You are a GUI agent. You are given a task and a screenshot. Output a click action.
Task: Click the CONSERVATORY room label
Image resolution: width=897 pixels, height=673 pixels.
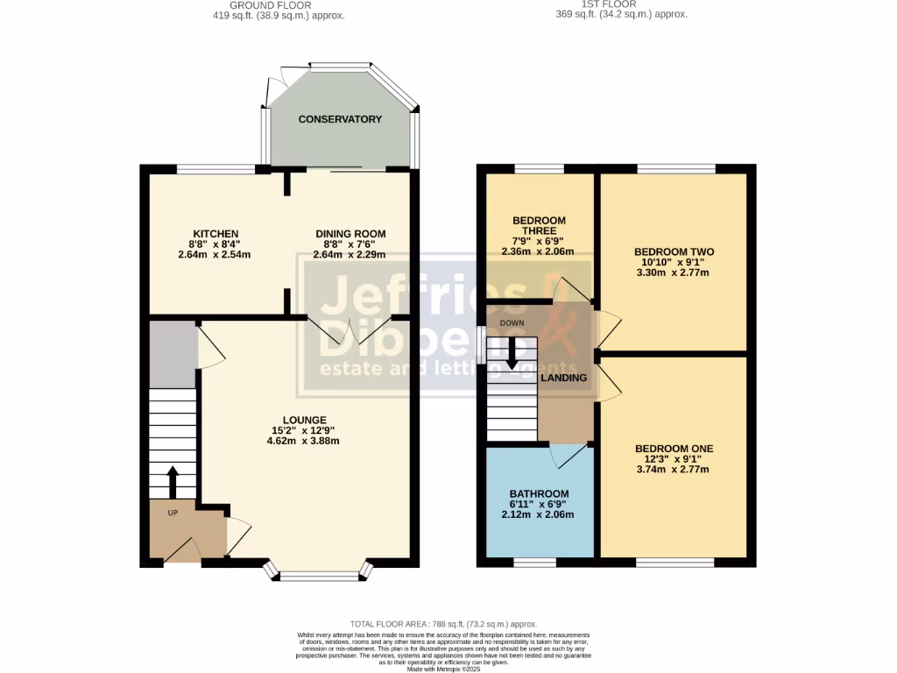pyautogui.click(x=340, y=119)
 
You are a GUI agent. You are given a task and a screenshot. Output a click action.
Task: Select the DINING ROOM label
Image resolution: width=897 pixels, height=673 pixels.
pyautogui.click(x=350, y=234)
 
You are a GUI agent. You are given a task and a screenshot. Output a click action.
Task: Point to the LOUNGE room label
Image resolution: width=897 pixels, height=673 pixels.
pyautogui.click(x=303, y=420)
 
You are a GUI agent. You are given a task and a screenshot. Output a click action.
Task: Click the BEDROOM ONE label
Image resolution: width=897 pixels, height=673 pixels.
pyautogui.click(x=674, y=449)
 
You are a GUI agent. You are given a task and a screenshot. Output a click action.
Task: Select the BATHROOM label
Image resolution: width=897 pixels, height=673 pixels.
pyautogui.click(x=539, y=493)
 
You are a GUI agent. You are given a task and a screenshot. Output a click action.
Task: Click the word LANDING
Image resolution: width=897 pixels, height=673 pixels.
pyautogui.click(x=563, y=378)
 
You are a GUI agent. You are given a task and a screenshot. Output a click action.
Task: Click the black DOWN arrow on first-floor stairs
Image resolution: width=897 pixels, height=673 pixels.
pyautogui.click(x=512, y=351)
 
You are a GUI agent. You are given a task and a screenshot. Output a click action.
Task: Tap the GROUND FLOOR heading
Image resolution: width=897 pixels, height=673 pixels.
pyautogui.click(x=276, y=4)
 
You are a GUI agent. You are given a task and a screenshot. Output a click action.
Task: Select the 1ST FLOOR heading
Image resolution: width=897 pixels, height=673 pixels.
pyautogui.click(x=621, y=4)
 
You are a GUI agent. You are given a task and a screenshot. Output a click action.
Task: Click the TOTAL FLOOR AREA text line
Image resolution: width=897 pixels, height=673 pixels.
pyautogui.click(x=442, y=624)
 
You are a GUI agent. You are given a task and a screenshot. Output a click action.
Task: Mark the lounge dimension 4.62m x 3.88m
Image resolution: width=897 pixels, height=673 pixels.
pyautogui.click(x=303, y=441)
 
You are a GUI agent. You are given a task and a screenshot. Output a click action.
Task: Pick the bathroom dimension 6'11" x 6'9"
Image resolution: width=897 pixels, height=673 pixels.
pyautogui.click(x=539, y=504)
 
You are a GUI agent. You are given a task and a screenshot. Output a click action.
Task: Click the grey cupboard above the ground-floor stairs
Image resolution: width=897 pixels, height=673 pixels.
pyautogui.click(x=173, y=353)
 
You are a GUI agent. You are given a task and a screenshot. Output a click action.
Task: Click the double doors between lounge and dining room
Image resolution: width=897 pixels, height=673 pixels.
pyautogui.click(x=349, y=329)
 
